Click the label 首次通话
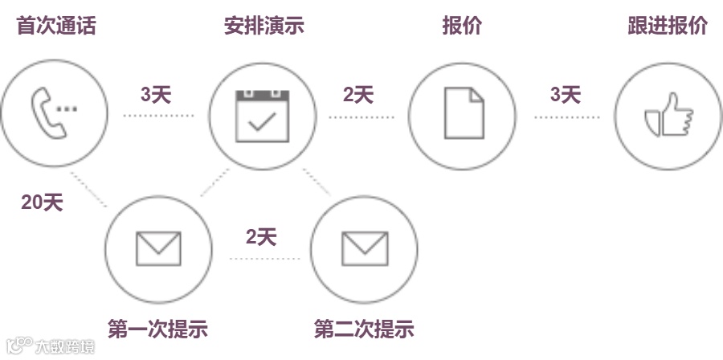pyautogui.click(x=55, y=26)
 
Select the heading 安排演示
pyautogui.click(x=263, y=26)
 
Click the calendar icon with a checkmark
pyautogui.click(x=261, y=116)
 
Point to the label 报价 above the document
pyautogui.click(x=461, y=26)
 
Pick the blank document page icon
pyautogui.click(x=464, y=116)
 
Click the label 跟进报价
pyautogui.click(x=667, y=26)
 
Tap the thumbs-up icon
pyautogui.click(x=668, y=117)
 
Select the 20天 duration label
pyautogui.click(x=41, y=203)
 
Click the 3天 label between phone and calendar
pyautogui.click(x=157, y=95)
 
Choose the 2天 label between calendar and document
pyautogui.click(x=358, y=95)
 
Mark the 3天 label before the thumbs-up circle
pyautogui.click(x=566, y=95)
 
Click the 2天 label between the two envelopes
pyautogui.click(x=261, y=237)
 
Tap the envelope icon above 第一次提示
pyautogui.click(x=158, y=248)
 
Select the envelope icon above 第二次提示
pyautogui.click(x=365, y=248)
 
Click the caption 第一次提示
pyautogui.click(x=157, y=329)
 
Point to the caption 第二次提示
pyautogui.click(x=364, y=329)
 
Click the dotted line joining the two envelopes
pyautogui.click(x=263, y=259)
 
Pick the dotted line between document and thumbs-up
pyautogui.click(x=567, y=117)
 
